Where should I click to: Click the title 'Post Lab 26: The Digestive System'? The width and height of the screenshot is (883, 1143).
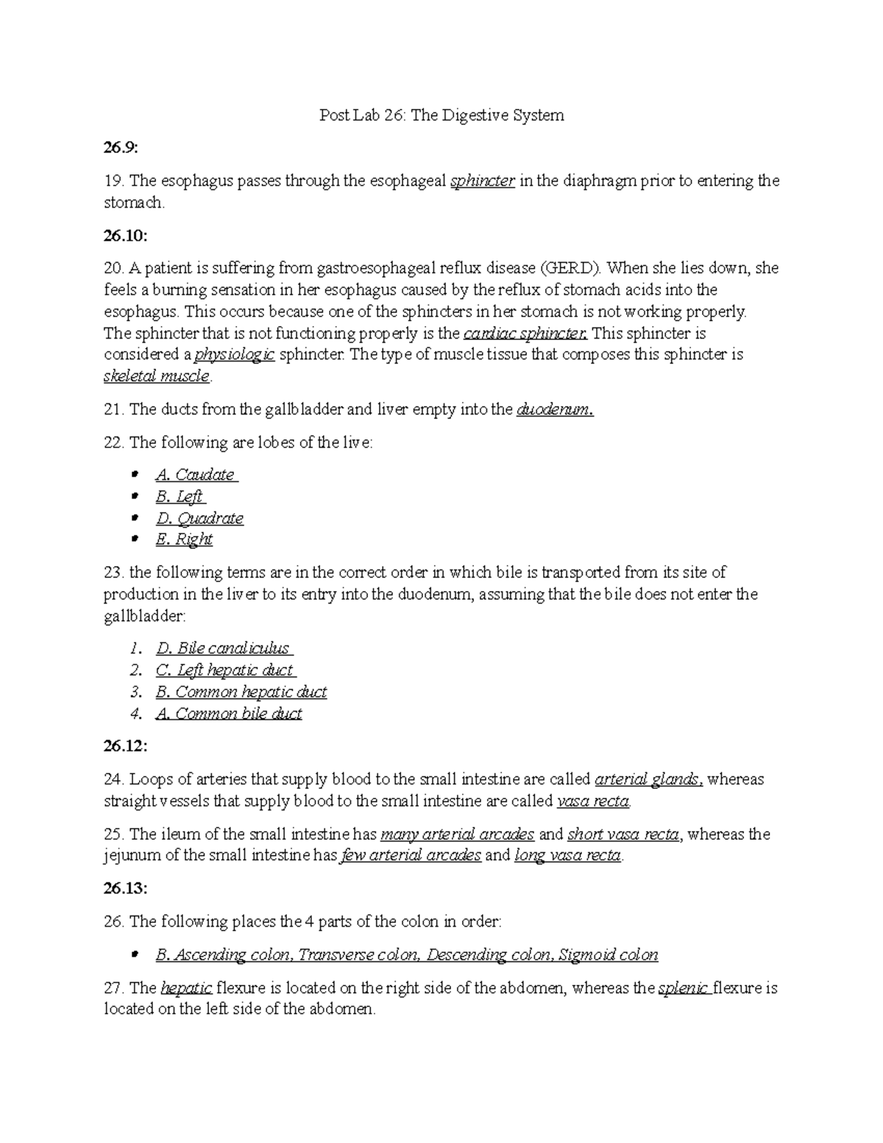click(441, 115)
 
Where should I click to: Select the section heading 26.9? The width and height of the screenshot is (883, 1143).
click(120, 148)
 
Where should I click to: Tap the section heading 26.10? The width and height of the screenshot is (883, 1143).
click(124, 235)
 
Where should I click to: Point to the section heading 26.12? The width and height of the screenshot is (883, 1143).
click(124, 746)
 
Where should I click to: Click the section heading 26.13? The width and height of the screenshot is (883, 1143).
click(124, 888)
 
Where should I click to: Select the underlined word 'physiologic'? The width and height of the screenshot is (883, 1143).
click(235, 355)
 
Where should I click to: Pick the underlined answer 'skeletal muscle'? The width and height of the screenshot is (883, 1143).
click(157, 376)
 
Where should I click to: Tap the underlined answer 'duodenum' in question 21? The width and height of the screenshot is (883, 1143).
click(555, 410)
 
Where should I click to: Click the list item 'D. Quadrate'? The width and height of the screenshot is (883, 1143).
click(199, 518)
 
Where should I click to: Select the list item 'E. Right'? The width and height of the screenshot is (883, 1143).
click(184, 539)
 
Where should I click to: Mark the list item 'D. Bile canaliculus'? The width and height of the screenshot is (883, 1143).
click(223, 648)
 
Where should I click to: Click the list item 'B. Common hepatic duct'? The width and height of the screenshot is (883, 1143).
click(241, 692)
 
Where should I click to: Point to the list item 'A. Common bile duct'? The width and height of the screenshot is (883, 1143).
click(229, 713)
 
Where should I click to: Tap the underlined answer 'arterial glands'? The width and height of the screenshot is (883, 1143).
click(648, 779)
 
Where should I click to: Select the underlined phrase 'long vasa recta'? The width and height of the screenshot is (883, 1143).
click(568, 855)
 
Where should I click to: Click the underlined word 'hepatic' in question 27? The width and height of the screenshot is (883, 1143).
click(187, 988)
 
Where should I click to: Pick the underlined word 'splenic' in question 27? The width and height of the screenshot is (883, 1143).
click(684, 988)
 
